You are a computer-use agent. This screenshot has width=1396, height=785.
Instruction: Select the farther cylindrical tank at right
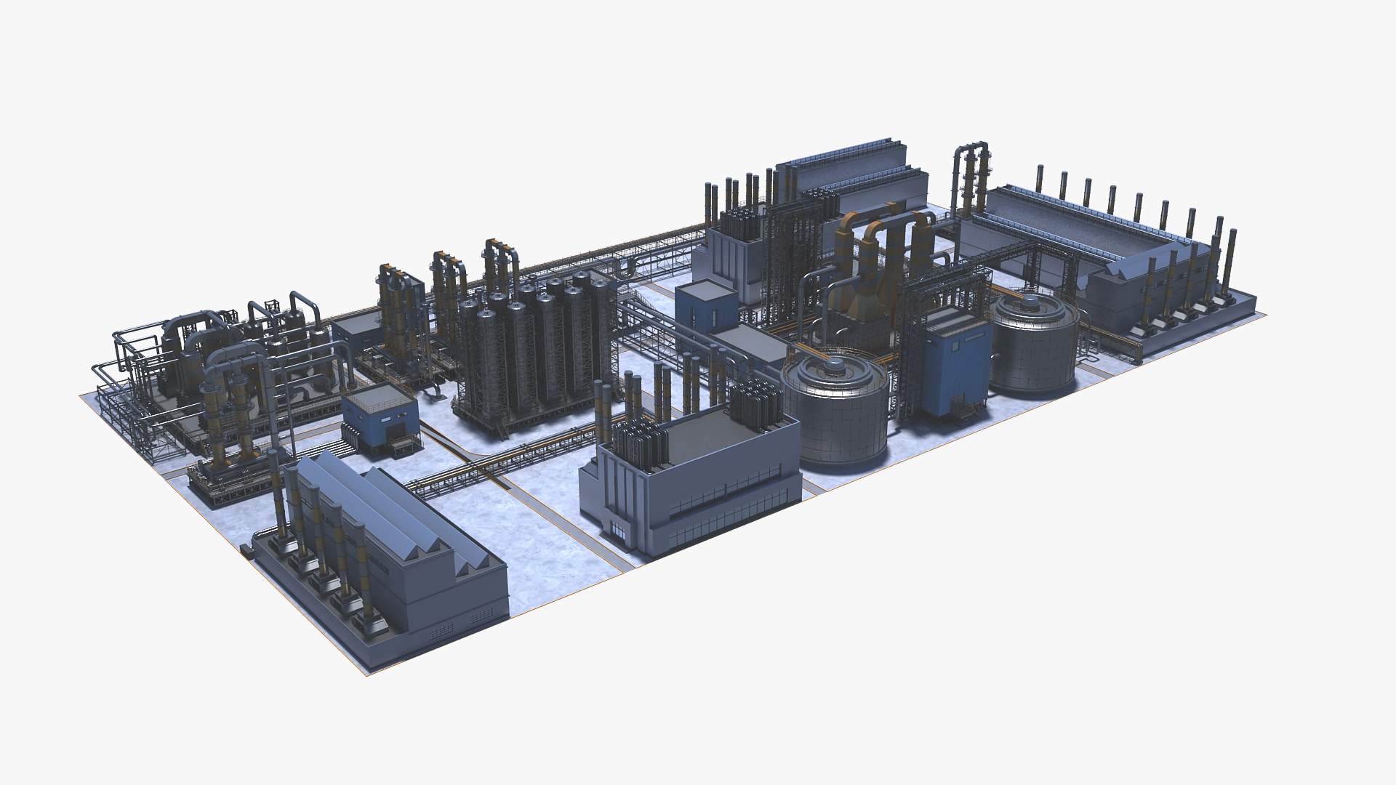[x=1033, y=349]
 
